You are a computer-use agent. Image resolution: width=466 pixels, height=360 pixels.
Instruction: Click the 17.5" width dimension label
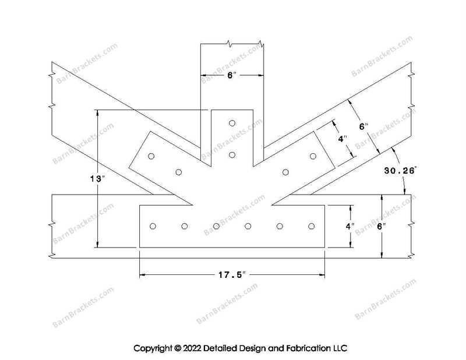(232, 275)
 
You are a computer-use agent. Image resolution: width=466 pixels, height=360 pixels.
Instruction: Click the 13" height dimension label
(98, 179)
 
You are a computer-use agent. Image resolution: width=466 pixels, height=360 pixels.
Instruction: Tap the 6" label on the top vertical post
(231, 75)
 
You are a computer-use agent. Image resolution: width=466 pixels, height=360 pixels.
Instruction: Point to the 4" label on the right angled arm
(343, 139)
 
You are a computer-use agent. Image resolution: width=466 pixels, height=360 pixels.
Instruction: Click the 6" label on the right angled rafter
(363, 126)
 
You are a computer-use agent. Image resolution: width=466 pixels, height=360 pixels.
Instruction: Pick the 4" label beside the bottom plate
(350, 226)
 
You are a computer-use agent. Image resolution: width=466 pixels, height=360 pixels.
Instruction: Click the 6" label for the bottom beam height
(382, 227)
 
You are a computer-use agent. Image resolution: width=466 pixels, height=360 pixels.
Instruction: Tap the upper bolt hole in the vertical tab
(232, 123)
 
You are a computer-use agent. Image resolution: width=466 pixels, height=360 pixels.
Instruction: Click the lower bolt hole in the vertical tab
(232, 155)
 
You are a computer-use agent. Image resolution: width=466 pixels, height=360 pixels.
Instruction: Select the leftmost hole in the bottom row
(153, 227)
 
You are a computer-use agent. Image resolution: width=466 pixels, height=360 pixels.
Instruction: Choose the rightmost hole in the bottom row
(312, 227)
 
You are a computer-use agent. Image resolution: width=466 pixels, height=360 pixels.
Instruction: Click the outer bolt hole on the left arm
(151, 156)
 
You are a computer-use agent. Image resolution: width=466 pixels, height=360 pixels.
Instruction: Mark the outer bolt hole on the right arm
(313, 156)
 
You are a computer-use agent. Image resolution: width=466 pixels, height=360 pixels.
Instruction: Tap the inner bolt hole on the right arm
(285, 172)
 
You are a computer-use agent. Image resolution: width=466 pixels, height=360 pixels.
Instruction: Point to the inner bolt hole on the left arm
(179, 172)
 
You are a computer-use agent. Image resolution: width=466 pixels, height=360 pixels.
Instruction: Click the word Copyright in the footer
(153, 348)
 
